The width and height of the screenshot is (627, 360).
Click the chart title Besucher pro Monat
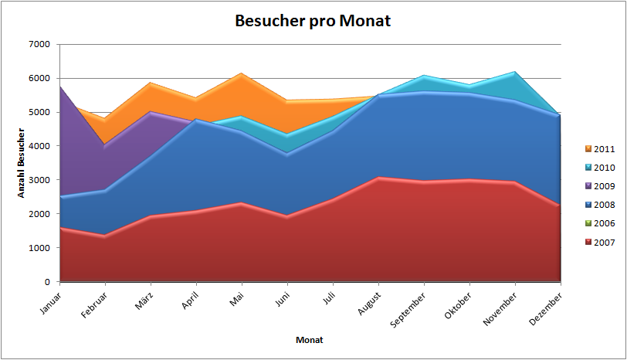pos(313,21)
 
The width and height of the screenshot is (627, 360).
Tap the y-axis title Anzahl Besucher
pos(21,163)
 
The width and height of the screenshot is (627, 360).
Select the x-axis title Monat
pos(309,340)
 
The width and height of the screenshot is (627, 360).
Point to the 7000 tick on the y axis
pos(39,44)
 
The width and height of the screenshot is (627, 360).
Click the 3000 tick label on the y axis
pos(39,180)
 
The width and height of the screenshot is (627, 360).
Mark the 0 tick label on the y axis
pos(47,282)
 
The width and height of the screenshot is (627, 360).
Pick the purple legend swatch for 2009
pos(588,186)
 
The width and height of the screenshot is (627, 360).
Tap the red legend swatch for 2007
pos(588,243)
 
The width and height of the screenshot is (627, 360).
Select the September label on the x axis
pos(408,310)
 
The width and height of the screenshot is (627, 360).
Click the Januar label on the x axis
pos(51,303)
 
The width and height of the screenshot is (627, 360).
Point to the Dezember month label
pos(545,308)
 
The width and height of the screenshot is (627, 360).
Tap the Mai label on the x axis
pos(237,300)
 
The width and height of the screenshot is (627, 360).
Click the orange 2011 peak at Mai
pos(242,73)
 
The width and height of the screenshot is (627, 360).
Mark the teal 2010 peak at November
pos(514,72)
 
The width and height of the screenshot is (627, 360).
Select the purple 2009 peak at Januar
pos(60,87)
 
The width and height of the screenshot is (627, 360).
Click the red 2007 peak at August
pos(378,177)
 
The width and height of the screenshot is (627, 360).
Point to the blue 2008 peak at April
pos(196,119)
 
